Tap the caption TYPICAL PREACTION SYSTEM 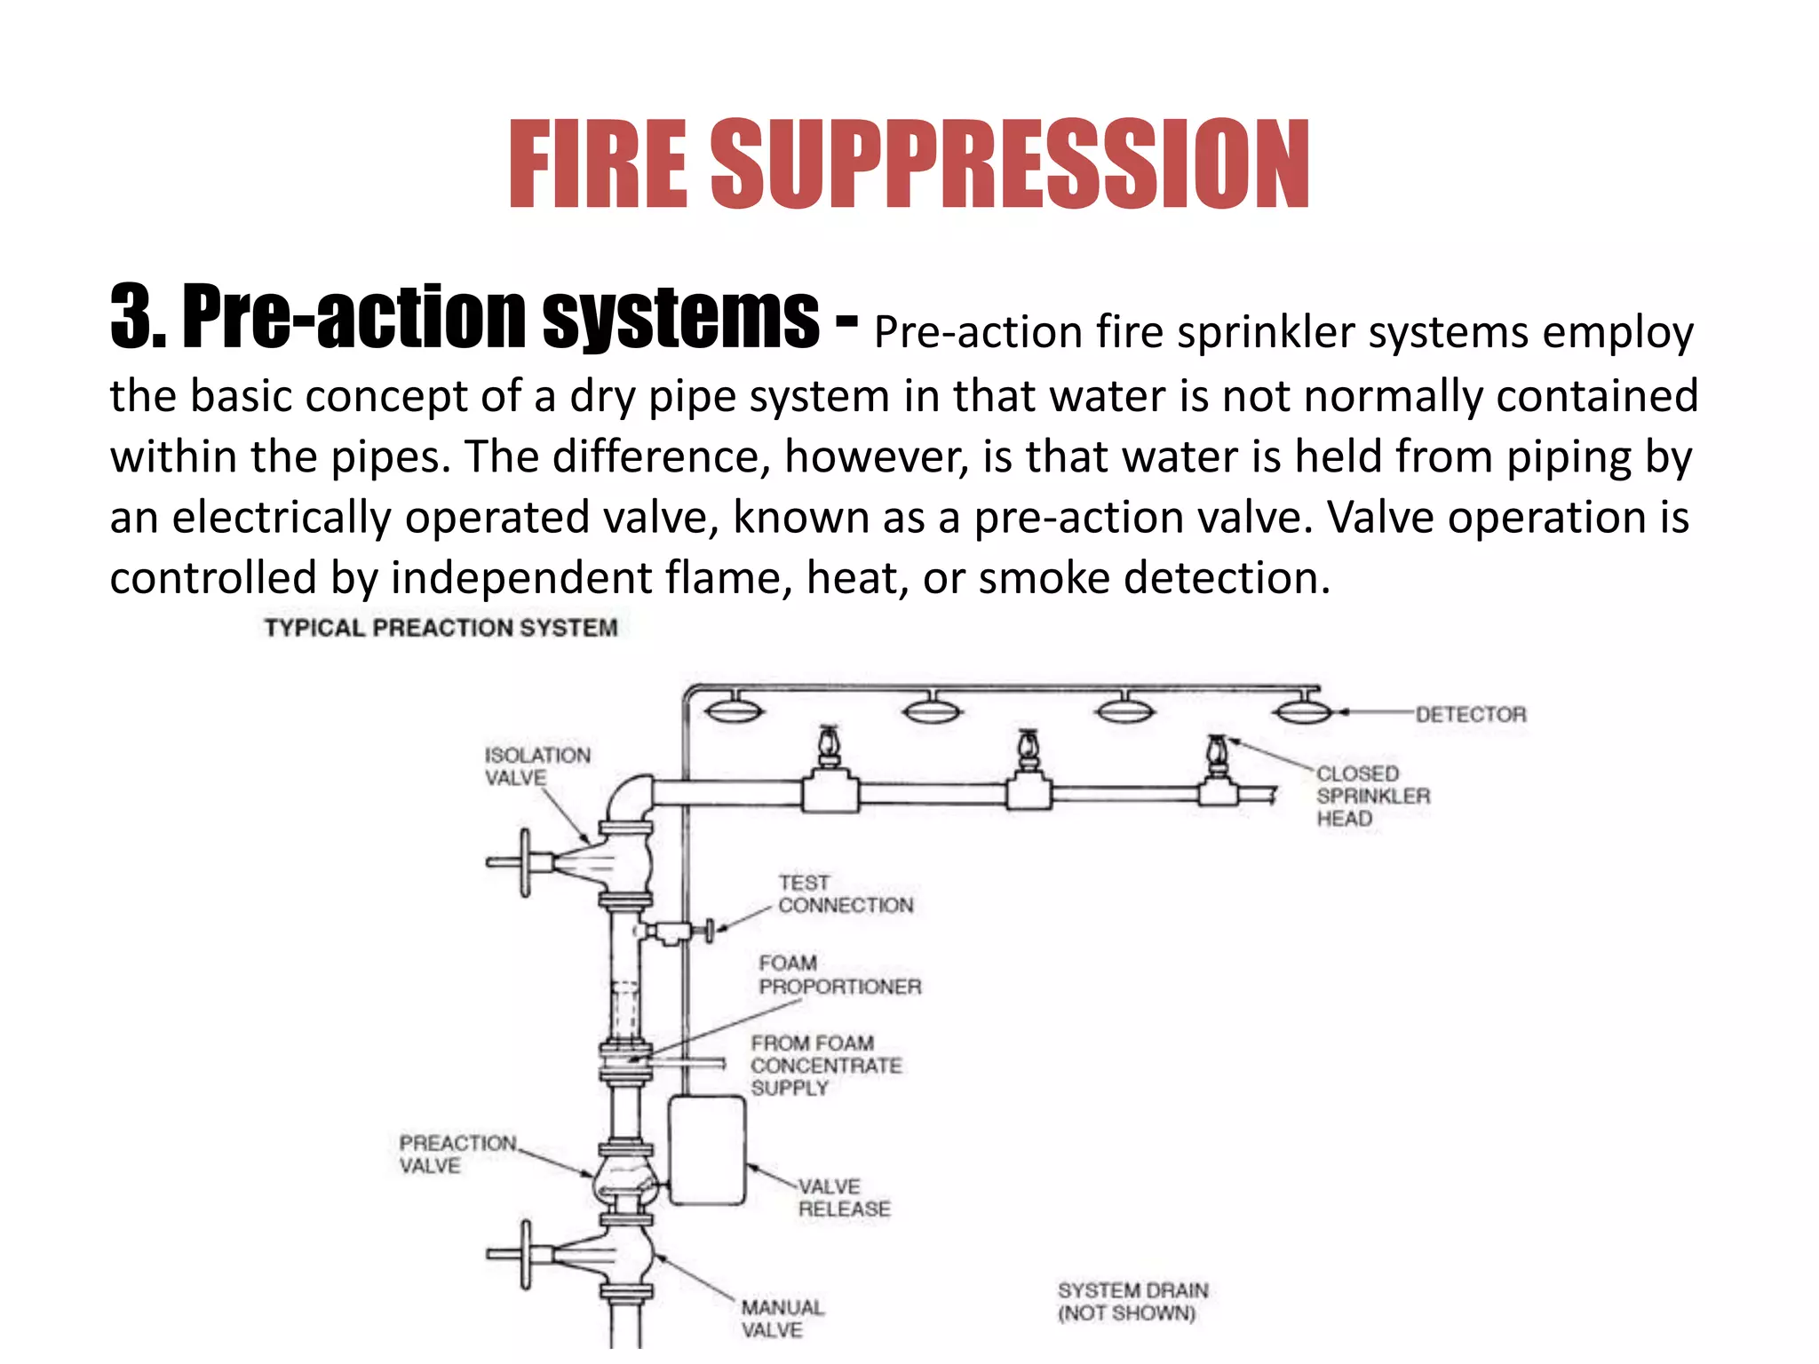(x=441, y=628)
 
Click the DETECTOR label (x=1470, y=714)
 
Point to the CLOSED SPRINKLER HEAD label (x=1372, y=796)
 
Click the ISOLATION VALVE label (x=536, y=765)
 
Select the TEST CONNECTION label (x=845, y=894)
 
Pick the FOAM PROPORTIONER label (x=839, y=975)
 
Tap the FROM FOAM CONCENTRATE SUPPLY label (x=825, y=1065)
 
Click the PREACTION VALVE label (x=457, y=1154)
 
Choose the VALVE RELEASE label (x=843, y=1197)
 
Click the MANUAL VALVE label (x=782, y=1318)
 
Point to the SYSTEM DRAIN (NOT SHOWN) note (x=1132, y=1301)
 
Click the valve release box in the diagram (x=707, y=1150)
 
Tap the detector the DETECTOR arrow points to (x=1302, y=711)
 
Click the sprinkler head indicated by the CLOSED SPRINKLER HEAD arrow (x=1217, y=755)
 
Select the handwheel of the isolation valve (x=525, y=862)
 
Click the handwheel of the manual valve (x=525, y=1254)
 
